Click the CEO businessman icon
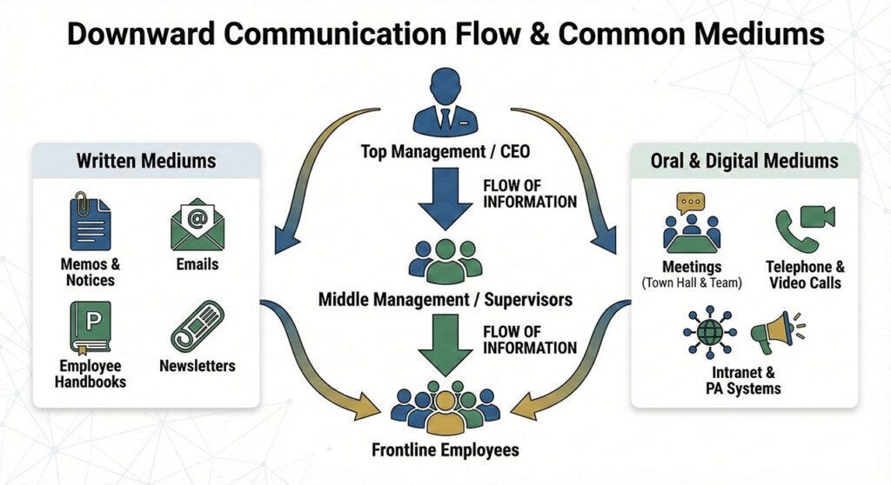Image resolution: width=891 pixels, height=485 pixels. pyautogui.click(x=445, y=103)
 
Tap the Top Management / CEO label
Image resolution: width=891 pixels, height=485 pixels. pyautogui.click(x=445, y=153)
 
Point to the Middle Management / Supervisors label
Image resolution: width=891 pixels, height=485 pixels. pyautogui.click(x=445, y=300)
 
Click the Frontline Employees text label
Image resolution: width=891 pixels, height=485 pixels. pyautogui.click(x=445, y=449)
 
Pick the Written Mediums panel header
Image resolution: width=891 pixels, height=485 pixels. pyautogui.click(x=146, y=161)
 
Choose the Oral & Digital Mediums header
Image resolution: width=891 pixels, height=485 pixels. pyautogui.click(x=744, y=161)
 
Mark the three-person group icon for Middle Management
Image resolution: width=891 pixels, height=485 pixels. pyautogui.click(x=445, y=258)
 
